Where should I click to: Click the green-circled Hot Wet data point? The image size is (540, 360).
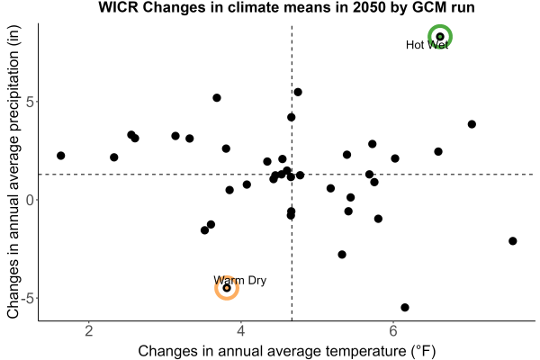pyautogui.click(x=440, y=37)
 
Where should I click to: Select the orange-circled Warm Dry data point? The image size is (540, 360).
pyautogui.click(x=227, y=288)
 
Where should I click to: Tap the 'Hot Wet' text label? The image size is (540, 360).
pyautogui.click(x=427, y=45)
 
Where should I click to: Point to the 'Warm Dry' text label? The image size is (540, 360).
pyautogui.click(x=239, y=280)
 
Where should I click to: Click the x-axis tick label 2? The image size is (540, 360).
pyautogui.click(x=89, y=331)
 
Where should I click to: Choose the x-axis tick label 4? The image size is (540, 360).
pyautogui.click(x=241, y=331)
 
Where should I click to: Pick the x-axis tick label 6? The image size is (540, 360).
pyautogui.click(x=393, y=331)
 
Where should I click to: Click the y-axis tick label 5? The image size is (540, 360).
pyautogui.click(x=31, y=102)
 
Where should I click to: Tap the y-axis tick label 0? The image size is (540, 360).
pyautogui.click(x=31, y=200)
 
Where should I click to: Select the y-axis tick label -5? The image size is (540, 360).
pyautogui.click(x=28, y=298)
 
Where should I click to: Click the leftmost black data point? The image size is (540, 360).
pyautogui.click(x=60, y=156)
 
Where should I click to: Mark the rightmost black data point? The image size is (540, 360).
pyautogui.click(x=512, y=241)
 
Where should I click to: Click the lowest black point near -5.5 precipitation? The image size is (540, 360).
pyautogui.click(x=405, y=307)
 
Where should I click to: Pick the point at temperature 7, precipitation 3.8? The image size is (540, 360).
pyautogui.click(x=472, y=124)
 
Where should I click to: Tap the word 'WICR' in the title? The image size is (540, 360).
pyautogui.click(x=118, y=7)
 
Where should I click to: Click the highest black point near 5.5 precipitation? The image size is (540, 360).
pyautogui.click(x=298, y=92)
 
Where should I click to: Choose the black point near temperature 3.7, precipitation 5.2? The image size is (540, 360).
pyautogui.click(x=217, y=98)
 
